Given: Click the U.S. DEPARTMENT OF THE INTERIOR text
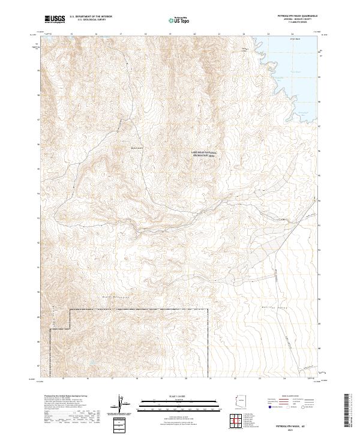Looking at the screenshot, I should click(91, 17).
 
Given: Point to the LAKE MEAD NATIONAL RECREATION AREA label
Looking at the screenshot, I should click(203, 154).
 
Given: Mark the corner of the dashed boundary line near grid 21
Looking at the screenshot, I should click(208, 310).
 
